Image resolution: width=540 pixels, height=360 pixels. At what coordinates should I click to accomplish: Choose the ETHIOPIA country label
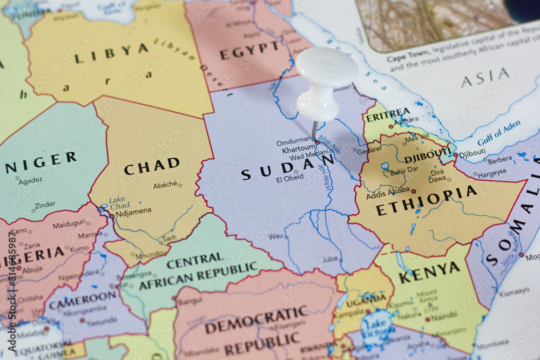[x=426, y=201]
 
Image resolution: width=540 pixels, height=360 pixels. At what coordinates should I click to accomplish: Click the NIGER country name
[x=40, y=162]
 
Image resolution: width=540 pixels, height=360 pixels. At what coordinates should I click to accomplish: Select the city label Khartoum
[x=298, y=148]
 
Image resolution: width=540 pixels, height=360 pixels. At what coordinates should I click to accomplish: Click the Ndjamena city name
[x=133, y=211]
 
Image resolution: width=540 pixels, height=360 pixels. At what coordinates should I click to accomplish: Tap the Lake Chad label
[x=119, y=203]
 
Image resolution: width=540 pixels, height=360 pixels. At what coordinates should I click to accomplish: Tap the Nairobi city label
[x=444, y=314]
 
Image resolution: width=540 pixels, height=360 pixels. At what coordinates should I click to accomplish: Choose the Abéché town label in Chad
[x=165, y=185]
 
